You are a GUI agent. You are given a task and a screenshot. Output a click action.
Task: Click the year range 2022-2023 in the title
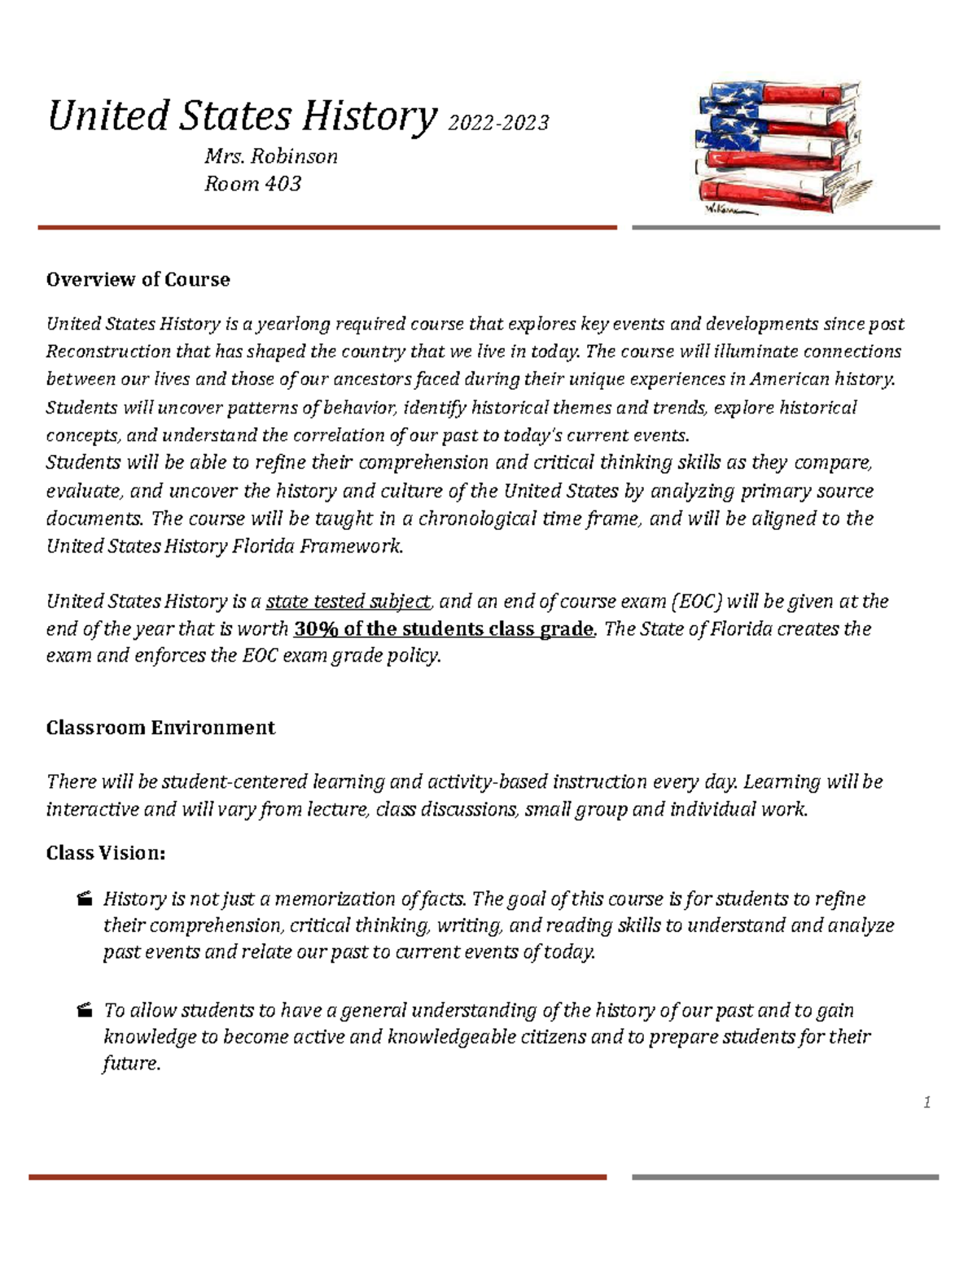point(498,123)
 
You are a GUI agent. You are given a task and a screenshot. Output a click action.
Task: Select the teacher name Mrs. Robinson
point(270,156)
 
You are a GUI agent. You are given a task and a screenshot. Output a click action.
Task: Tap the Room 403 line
point(252,184)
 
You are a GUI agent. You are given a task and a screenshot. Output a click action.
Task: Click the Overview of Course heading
point(138,280)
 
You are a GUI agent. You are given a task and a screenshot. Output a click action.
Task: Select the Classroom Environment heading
point(160,728)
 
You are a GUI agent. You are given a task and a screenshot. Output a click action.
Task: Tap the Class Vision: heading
point(106,854)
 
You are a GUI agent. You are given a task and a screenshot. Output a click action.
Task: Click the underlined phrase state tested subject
point(348,601)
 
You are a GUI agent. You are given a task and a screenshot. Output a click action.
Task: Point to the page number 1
point(927,1103)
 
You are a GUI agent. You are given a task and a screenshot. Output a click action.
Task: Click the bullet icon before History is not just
point(83,899)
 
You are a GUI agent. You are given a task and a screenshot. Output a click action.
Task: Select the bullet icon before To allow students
point(83,1011)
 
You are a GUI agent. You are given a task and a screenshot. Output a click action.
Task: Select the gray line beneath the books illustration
point(786,228)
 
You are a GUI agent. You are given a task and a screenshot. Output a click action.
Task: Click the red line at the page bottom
point(318,1177)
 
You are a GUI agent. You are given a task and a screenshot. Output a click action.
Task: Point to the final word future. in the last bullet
point(131,1064)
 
